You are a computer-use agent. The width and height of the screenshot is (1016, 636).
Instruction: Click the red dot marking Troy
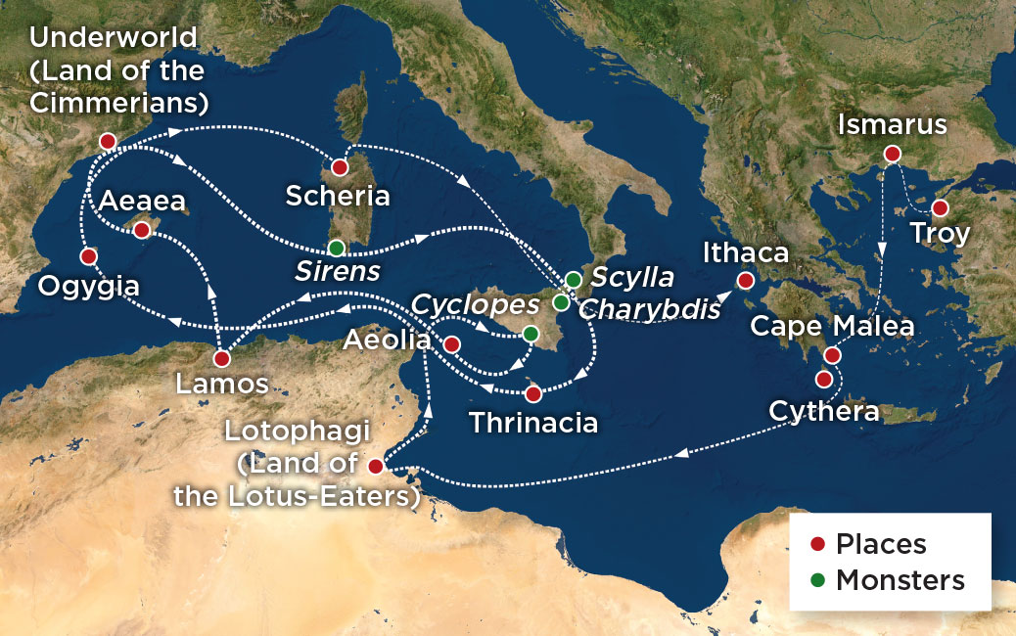[x=940, y=208]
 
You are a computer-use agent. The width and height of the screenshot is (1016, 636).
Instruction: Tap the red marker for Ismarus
[x=892, y=154]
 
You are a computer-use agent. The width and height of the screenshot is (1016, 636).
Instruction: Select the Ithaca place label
[x=746, y=252]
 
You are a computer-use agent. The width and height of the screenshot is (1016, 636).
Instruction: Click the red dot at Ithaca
[x=746, y=282]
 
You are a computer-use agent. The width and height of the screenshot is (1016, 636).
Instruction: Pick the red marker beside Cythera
[x=824, y=379]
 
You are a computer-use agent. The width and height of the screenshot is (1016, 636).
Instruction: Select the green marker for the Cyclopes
[x=530, y=334]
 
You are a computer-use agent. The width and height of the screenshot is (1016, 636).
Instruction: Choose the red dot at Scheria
[x=340, y=167]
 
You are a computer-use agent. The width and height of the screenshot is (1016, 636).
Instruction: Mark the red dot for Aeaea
[x=141, y=230]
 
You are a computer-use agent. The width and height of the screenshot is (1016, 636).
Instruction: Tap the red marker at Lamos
[x=222, y=358]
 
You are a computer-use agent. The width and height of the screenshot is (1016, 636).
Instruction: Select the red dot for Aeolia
[x=451, y=344]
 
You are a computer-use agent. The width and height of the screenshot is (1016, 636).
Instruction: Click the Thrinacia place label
[x=533, y=424]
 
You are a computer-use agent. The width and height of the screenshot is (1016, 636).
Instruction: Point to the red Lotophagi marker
[x=375, y=464]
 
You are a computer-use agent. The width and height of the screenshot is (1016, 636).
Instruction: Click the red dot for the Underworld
[x=108, y=142]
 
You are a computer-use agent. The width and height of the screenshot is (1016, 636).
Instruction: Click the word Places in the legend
[x=881, y=545]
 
